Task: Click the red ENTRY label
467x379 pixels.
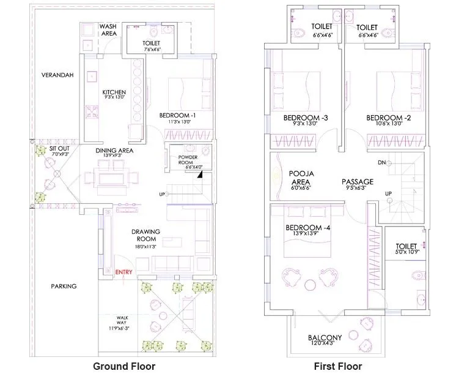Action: pyautogui.click(x=123, y=272)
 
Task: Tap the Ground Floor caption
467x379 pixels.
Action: pyautogui.click(x=123, y=366)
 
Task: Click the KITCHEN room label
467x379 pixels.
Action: pyautogui.click(x=114, y=92)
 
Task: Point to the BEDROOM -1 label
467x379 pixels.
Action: pyautogui.click(x=177, y=115)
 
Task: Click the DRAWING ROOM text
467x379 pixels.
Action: pyautogui.click(x=145, y=235)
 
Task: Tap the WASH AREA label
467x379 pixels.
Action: pyautogui.click(x=108, y=30)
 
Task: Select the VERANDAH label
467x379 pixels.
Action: pyautogui.click(x=57, y=75)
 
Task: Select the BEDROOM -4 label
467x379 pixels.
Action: pyautogui.click(x=308, y=228)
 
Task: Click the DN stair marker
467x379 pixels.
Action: pyautogui.click(x=381, y=162)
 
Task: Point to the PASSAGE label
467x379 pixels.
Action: pyautogui.click(x=357, y=182)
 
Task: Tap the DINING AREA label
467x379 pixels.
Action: pyautogui.click(x=114, y=150)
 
